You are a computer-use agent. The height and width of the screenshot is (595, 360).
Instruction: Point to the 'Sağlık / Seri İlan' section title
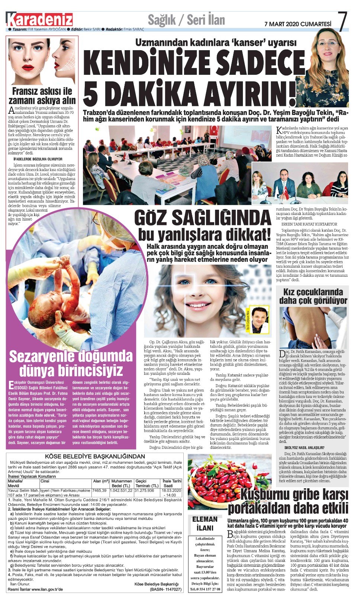[x=186, y=20]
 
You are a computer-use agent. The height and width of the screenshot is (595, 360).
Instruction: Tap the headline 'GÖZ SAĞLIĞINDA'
[x=203, y=218]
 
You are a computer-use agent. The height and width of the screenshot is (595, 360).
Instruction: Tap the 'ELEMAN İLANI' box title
[x=205, y=524]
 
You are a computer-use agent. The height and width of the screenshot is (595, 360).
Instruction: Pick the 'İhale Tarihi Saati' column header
[x=171, y=483]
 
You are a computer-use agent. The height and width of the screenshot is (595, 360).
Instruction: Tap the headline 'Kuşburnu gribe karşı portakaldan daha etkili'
[x=288, y=502]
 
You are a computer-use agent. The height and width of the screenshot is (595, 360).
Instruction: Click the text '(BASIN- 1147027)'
[x=165, y=589]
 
